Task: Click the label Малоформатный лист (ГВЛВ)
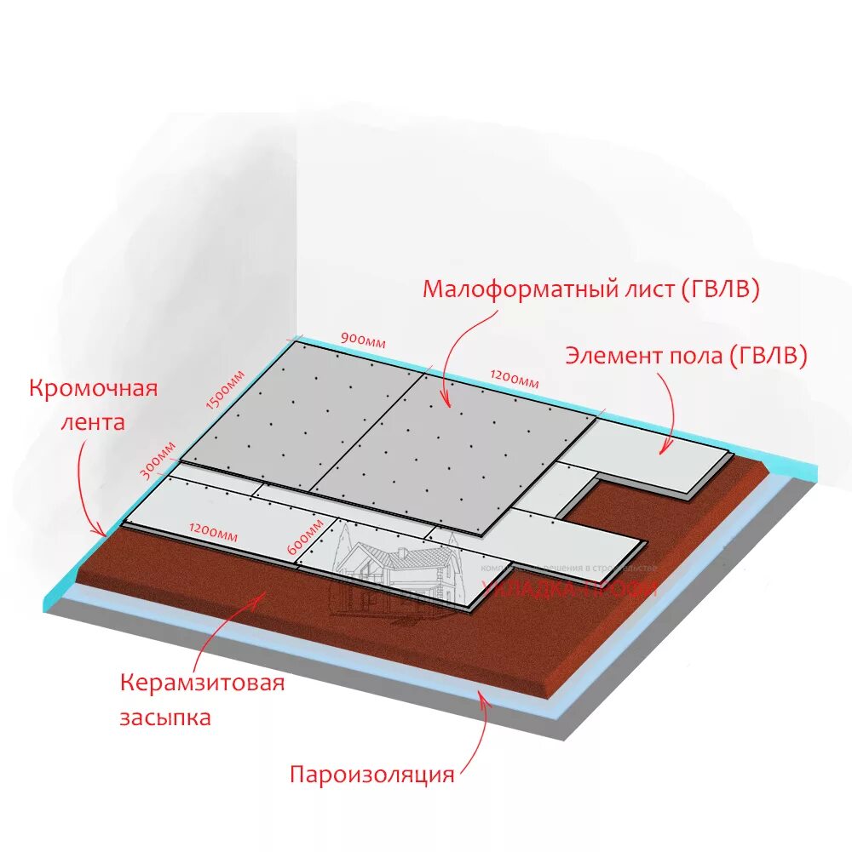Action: (x=590, y=289)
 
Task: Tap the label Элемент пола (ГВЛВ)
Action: (x=686, y=356)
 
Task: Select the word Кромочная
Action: (x=94, y=389)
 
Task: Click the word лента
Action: (x=93, y=421)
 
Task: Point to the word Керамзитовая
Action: (x=201, y=683)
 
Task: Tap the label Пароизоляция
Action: (x=372, y=775)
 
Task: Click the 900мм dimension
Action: (x=363, y=339)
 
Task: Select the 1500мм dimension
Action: (x=227, y=391)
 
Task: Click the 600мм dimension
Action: (x=303, y=538)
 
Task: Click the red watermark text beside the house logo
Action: (x=569, y=587)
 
